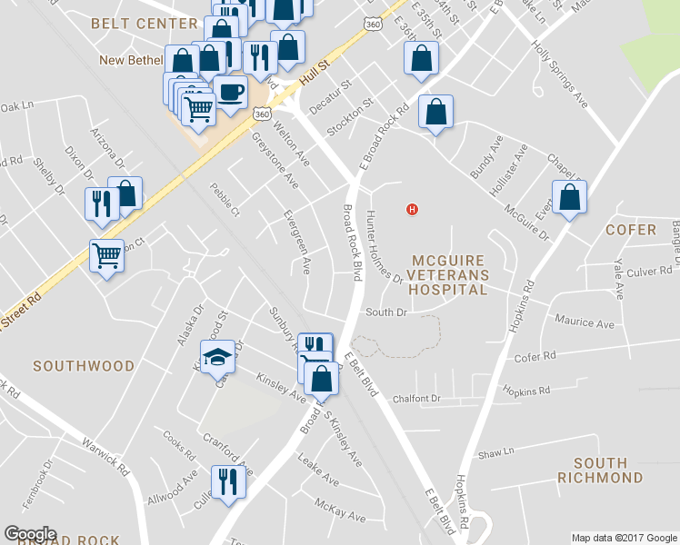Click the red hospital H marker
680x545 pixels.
[413, 210]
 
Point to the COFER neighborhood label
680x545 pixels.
[630, 230]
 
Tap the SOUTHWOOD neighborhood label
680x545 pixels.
[84, 366]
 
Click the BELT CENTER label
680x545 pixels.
[145, 24]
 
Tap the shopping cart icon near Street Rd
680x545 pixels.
[106, 256]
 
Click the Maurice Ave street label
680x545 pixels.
[585, 322]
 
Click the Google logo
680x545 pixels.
[30, 534]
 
